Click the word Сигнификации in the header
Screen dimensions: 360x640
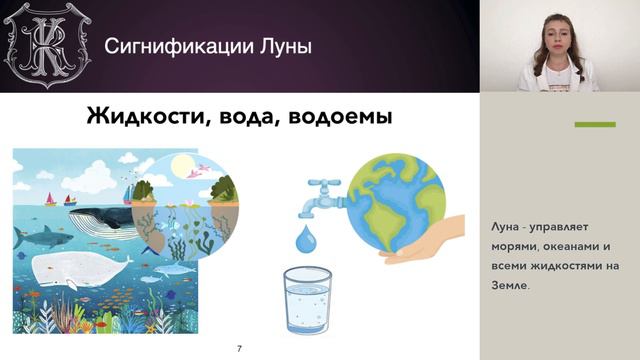point(179,46)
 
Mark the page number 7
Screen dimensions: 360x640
point(239,348)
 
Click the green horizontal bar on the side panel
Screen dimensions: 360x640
point(594,125)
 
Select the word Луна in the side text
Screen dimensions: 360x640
point(510,226)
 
